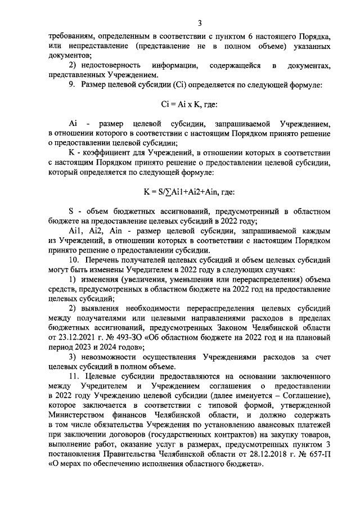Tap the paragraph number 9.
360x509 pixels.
71,85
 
